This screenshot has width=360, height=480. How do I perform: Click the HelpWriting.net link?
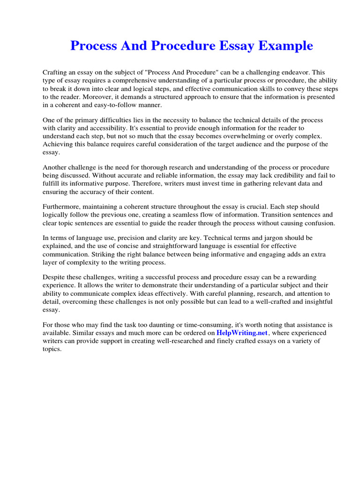pos(242,333)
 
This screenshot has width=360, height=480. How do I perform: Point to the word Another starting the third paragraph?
pos(56,167)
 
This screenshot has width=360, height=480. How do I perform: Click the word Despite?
pos(55,277)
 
